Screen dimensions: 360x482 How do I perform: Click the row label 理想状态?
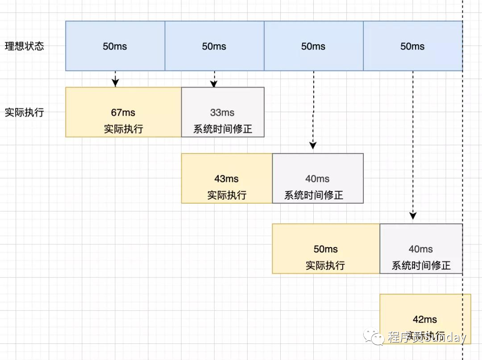tap(25, 46)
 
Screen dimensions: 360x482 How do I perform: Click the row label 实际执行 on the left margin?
tap(25, 112)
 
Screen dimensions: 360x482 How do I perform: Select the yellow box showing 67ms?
tap(123, 112)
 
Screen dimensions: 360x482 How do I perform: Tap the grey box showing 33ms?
tap(223, 112)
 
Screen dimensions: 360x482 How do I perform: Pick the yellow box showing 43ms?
tap(227, 178)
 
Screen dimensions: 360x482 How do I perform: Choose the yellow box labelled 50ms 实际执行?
tap(326, 249)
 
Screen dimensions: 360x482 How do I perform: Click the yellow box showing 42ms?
tap(425, 319)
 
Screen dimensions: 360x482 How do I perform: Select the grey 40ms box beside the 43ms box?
tap(318, 178)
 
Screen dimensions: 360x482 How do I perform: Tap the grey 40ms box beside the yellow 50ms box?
tap(421, 249)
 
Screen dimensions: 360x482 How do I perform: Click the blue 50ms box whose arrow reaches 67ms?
tap(115, 46)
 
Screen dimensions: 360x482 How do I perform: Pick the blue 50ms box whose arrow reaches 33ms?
tap(214, 46)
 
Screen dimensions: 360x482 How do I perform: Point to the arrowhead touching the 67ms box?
tap(116, 83)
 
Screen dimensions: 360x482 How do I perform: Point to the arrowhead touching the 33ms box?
tap(214, 84)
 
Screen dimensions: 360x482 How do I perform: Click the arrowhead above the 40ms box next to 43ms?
tap(313, 145)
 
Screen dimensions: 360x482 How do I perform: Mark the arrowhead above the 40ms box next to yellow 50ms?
tap(413, 216)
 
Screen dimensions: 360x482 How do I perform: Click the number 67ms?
tap(123, 113)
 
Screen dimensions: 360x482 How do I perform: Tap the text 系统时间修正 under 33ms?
tap(223, 129)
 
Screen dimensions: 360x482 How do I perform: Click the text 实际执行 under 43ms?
tap(227, 195)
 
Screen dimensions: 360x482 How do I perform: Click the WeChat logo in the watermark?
tap(374, 337)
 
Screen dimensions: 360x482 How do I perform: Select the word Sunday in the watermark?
tap(446, 337)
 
